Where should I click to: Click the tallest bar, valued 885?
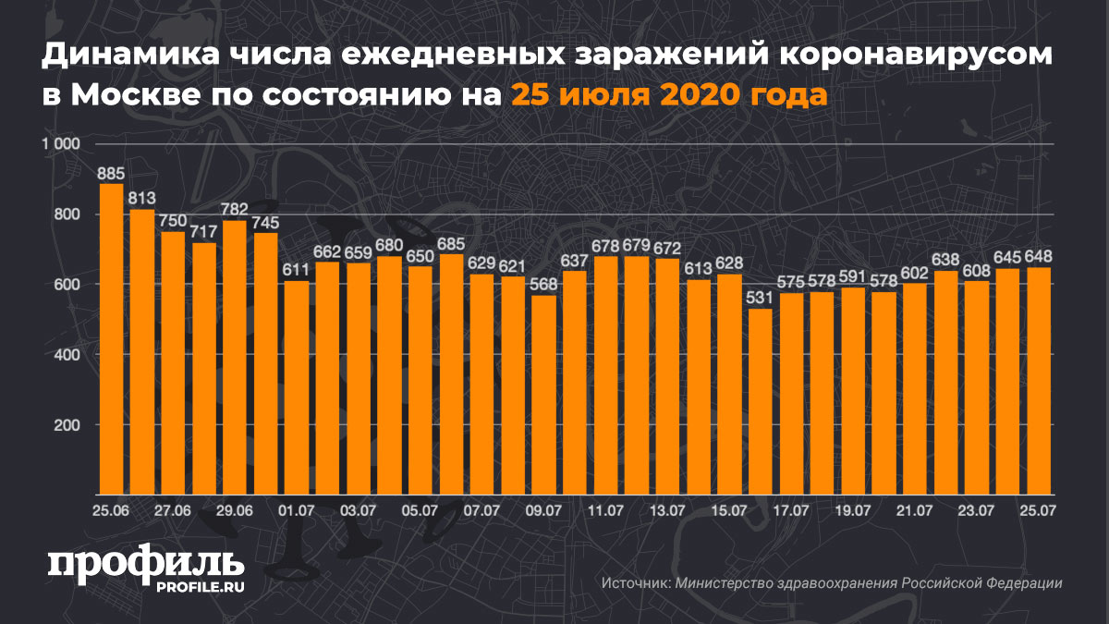click(x=111, y=338)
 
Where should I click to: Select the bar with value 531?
click(x=761, y=401)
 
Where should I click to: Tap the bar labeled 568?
click(x=544, y=395)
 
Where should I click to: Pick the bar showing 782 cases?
click(x=235, y=357)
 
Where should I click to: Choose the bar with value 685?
click(x=451, y=374)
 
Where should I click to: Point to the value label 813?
click(x=142, y=197)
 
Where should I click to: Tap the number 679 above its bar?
click(x=637, y=245)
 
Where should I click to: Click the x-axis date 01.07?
click(x=297, y=509)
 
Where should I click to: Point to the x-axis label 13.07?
click(x=667, y=509)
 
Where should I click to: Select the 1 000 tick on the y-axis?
click(x=62, y=144)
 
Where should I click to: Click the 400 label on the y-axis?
click(x=69, y=355)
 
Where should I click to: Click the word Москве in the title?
click(x=137, y=94)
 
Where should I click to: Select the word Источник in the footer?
click(x=634, y=583)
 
